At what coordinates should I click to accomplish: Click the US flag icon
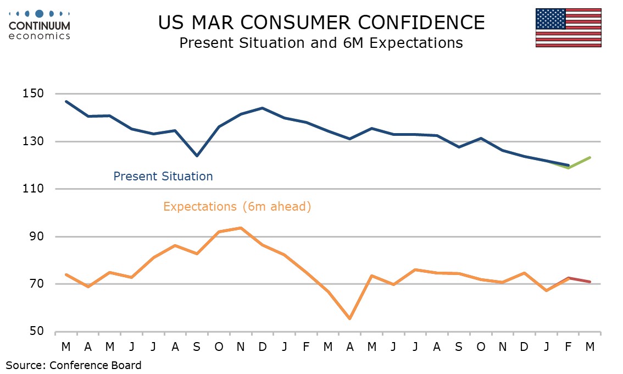(x=568, y=28)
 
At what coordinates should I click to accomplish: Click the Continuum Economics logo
(x=40, y=24)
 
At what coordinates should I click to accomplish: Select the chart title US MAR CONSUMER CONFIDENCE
(x=321, y=23)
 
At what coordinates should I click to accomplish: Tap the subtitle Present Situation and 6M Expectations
(x=321, y=43)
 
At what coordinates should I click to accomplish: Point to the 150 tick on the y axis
(x=34, y=94)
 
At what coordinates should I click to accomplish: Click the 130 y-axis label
(x=34, y=141)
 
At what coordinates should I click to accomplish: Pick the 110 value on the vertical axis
(x=34, y=189)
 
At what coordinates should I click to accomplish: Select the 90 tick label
(x=36, y=237)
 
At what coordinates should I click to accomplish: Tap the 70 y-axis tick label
(x=36, y=284)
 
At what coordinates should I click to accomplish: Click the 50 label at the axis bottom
(x=36, y=332)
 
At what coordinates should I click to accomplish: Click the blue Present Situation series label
(x=163, y=177)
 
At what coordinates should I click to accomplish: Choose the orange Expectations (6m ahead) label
(x=237, y=207)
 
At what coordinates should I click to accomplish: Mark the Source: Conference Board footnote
(x=74, y=365)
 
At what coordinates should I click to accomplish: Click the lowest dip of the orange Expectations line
(x=349, y=318)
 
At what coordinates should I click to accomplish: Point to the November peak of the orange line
(x=241, y=228)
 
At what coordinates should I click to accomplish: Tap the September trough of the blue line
(x=197, y=156)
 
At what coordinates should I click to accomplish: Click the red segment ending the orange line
(x=579, y=280)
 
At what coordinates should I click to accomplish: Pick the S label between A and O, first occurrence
(x=197, y=347)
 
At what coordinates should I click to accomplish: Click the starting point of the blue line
(x=66, y=102)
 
